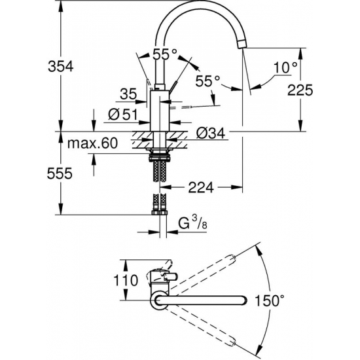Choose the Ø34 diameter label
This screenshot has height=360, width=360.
[211, 134]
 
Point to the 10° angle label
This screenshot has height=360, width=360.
[286, 66]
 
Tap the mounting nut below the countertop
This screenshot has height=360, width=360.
[160, 156]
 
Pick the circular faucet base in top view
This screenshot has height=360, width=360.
[160, 300]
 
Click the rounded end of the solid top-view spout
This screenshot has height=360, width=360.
[243, 300]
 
